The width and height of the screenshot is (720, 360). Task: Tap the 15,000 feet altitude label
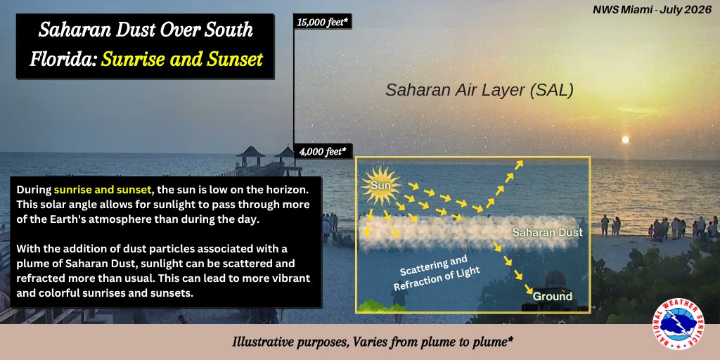coord(322,22)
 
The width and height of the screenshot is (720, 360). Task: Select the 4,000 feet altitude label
coord(323,150)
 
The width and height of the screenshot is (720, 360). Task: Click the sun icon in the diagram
coord(381,186)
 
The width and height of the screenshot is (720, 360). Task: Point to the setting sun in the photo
coord(624,139)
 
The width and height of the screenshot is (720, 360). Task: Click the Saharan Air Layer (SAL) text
coord(480,90)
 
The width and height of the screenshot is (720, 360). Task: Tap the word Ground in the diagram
coord(553,296)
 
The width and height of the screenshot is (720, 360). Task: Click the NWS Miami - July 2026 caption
coord(652,9)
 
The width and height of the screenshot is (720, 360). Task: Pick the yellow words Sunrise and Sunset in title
coord(182,59)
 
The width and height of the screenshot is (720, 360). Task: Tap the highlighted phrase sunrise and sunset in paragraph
coord(102,190)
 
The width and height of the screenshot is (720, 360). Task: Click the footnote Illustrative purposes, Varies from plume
coord(373,342)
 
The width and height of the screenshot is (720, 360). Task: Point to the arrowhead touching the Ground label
coord(529,290)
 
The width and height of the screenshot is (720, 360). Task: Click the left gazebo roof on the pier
coord(251,152)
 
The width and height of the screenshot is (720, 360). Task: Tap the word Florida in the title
coord(62,59)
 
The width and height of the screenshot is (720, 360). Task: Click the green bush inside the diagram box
coord(375,305)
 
